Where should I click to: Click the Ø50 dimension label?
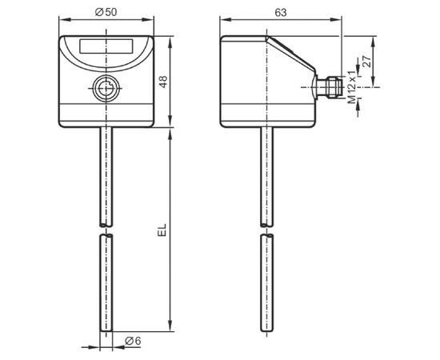(x=106, y=12)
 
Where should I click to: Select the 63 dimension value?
(x=281, y=12)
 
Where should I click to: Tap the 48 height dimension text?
(x=163, y=82)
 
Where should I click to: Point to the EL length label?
(x=162, y=230)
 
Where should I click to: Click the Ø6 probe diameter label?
(x=133, y=341)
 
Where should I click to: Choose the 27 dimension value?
(x=366, y=62)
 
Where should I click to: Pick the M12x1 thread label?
(x=352, y=86)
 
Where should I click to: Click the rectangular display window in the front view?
(x=106, y=46)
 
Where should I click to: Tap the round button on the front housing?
(x=106, y=88)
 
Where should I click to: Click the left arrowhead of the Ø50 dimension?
(x=64, y=20)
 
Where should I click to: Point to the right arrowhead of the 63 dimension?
(x=336, y=20)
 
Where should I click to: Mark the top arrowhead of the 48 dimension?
(x=170, y=42)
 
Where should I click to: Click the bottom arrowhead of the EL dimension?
(x=170, y=326)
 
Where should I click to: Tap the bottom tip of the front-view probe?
(x=106, y=331)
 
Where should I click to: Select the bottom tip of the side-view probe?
(x=266, y=331)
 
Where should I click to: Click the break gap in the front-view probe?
(x=106, y=230)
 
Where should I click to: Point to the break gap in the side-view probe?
(x=266, y=230)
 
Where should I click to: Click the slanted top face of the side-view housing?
(x=290, y=54)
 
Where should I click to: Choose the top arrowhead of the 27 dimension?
(x=373, y=42)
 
